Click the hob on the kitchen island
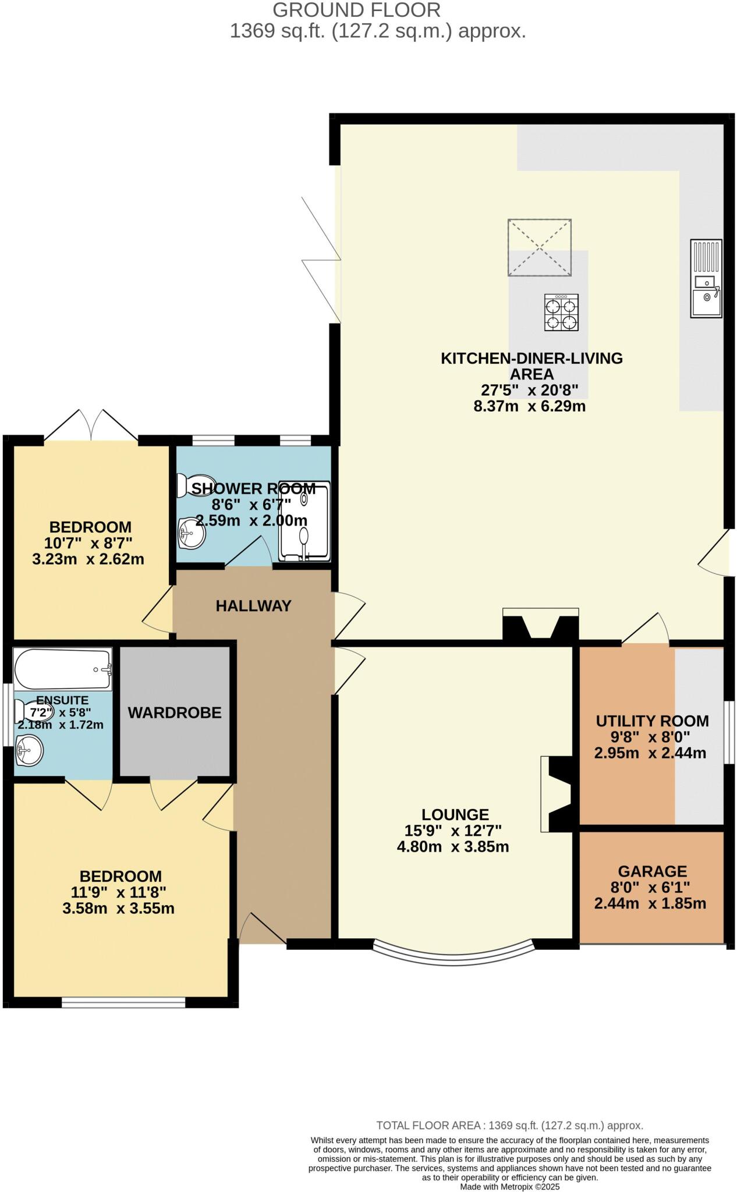[x=561, y=313]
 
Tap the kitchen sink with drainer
[x=706, y=278]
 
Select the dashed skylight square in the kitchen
[x=539, y=247]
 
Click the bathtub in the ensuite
[x=62, y=669]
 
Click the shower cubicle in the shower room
[x=304, y=521]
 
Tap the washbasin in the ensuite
[x=29, y=750]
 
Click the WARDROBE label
[x=175, y=712]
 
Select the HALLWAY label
[x=253, y=606]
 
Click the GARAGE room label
[x=652, y=871]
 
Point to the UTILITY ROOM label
[x=652, y=721]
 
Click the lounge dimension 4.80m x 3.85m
[x=452, y=847]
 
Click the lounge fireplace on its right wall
[x=556, y=793]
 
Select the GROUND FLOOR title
[x=356, y=10]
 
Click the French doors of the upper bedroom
[x=91, y=425]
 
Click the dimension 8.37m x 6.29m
[x=529, y=406]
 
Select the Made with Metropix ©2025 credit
[x=509, y=1186]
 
